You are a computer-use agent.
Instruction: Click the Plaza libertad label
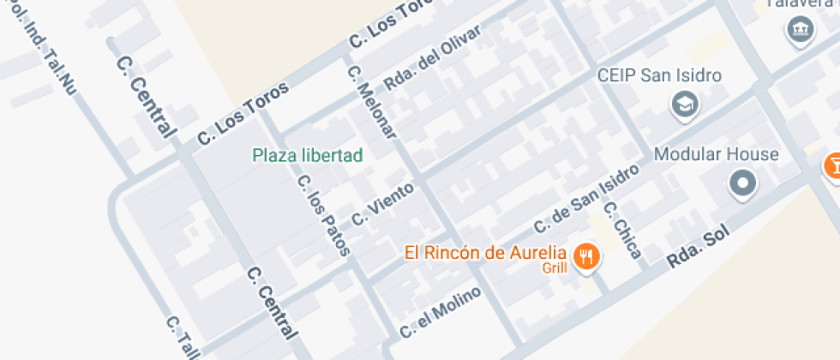308,155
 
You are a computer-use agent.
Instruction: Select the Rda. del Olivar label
432,57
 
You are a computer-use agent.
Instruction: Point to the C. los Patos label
323,215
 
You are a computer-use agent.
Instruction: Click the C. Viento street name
382,200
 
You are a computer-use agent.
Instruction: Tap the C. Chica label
621,229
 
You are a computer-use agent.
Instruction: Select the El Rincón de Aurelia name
486,253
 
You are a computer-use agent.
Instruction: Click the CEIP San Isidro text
660,75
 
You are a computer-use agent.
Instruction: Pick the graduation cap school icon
686,105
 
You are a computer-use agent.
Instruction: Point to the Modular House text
716,155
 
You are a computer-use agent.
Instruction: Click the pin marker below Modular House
742,183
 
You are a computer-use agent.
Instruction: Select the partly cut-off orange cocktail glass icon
832,165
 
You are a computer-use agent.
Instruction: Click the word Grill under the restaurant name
555,268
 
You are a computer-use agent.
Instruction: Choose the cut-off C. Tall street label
183,338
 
